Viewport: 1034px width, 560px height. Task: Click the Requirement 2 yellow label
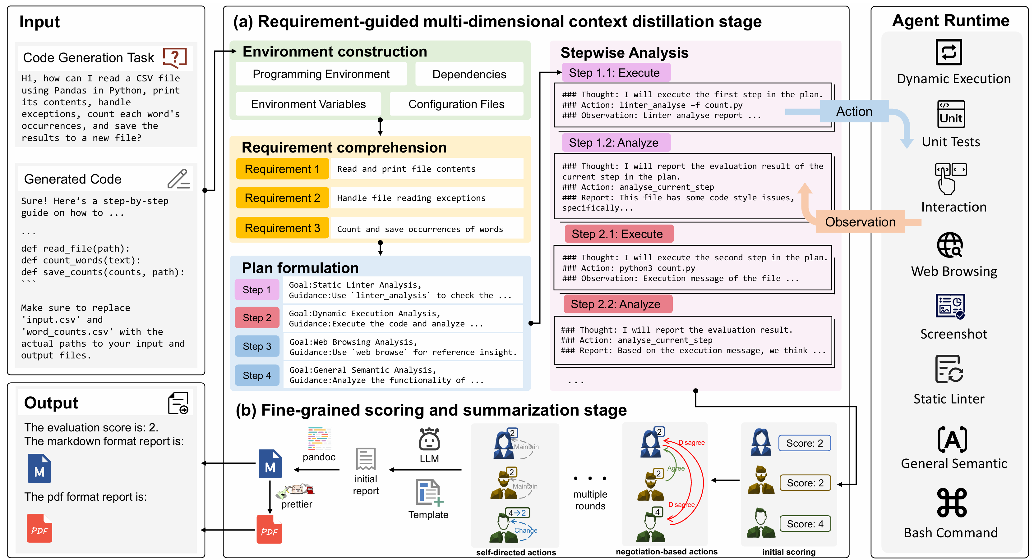[282, 198]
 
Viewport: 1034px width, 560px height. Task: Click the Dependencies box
[469, 74]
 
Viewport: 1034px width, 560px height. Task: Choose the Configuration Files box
[456, 104]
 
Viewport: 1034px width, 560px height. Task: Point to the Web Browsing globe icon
[949, 245]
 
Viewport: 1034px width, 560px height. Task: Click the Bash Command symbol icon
[951, 502]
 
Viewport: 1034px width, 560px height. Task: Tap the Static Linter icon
[949, 369]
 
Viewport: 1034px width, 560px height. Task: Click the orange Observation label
[860, 222]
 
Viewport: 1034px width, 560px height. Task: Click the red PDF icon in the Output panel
[39, 528]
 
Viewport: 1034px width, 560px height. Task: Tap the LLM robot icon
[429, 440]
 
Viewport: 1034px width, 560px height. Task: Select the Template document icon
[429, 492]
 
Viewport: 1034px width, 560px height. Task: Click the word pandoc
[319, 457]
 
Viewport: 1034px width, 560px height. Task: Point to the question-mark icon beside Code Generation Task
[175, 57]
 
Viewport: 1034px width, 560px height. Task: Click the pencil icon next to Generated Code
[178, 179]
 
